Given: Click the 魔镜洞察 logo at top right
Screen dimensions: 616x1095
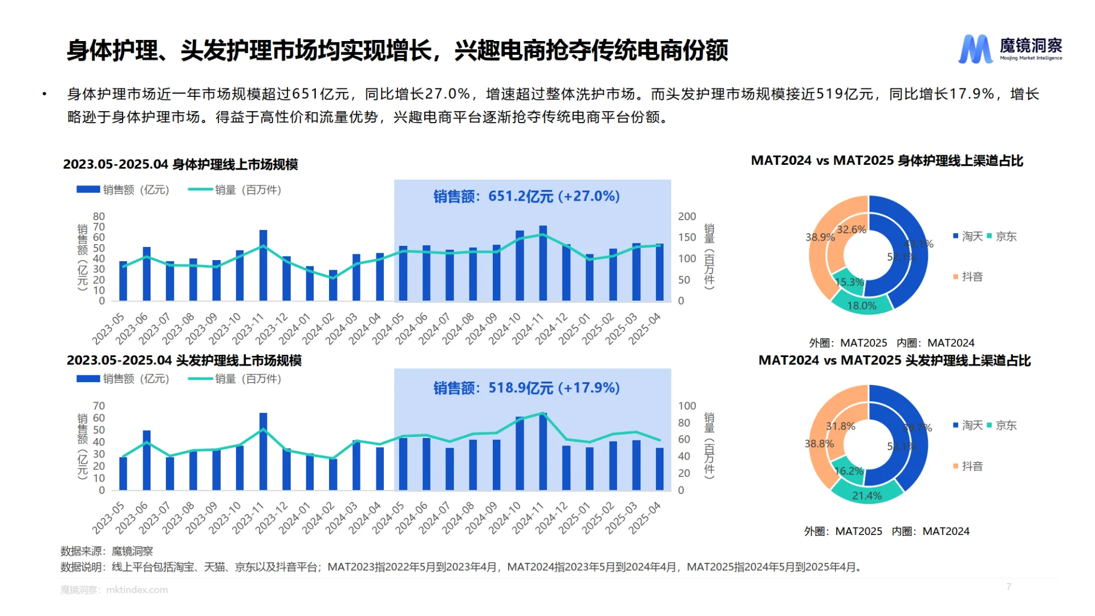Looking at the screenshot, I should [1009, 48].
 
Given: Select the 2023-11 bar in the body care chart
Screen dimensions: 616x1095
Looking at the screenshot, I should [263, 266].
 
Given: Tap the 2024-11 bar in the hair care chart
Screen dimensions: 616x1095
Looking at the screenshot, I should [543, 452].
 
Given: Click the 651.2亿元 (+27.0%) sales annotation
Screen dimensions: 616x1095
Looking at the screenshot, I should [526, 196].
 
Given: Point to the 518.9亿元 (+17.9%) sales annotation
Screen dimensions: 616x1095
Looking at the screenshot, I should [526, 388].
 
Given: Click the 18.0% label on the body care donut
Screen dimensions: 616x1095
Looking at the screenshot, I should [861, 306].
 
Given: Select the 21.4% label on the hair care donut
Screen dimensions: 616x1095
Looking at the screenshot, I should [866, 496].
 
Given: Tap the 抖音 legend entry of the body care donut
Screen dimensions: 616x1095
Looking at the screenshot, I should [972, 277].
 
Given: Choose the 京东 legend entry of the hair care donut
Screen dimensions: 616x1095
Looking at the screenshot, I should [1005, 425].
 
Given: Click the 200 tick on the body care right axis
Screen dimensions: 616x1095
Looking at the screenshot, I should [687, 217].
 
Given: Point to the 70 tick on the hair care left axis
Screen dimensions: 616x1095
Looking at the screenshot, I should [99, 406].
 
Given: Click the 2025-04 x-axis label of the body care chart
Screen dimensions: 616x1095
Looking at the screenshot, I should [645, 329].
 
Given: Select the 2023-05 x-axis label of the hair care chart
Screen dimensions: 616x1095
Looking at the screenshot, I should [108, 518].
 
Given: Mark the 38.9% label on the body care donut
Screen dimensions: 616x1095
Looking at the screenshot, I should [820, 237].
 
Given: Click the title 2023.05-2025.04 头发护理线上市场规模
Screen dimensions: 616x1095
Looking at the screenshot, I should [184, 360].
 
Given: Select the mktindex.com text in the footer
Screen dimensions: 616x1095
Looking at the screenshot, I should [137, 590].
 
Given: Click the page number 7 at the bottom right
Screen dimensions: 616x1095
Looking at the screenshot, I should [1008, 586].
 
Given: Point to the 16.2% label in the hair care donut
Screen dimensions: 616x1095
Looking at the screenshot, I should [848, 471].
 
